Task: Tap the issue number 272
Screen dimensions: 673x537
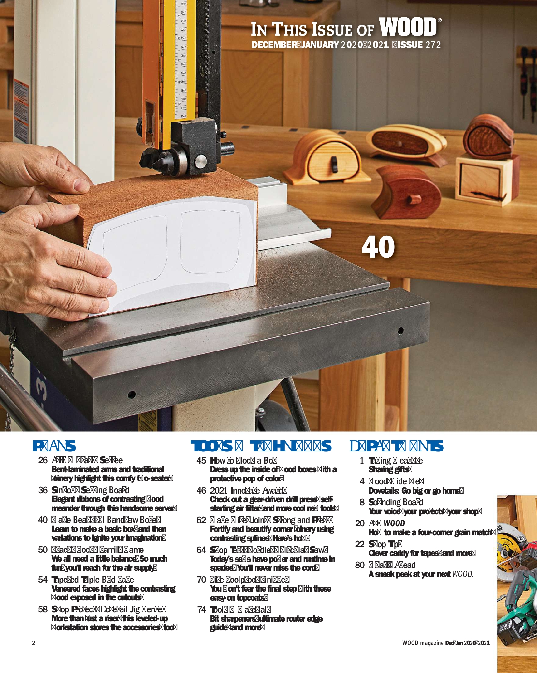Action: click(433, 45)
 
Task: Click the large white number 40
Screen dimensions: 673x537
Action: click(378, 247)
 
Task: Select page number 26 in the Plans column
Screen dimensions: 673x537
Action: click(43, 460)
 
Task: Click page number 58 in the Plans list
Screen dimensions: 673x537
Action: click(43, 609)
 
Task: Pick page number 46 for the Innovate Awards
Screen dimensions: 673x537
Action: click(201, 490)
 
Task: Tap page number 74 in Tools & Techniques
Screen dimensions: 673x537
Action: click(201, 609)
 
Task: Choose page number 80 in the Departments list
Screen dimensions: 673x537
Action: click(360, 565)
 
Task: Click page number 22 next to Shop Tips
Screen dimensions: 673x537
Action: click(360, 544)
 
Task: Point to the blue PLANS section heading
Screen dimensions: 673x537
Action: click(54, 446)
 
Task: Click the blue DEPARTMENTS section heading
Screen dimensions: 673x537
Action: click(396, 446)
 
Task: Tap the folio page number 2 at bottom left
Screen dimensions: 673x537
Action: click(33, 643)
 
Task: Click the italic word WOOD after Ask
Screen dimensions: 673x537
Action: click(394, 523)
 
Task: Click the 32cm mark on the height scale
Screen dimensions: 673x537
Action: click(183, 116)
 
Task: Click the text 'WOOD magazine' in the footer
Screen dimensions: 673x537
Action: click(423, 643)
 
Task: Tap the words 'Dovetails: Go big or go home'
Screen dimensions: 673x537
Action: click(415, 491)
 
